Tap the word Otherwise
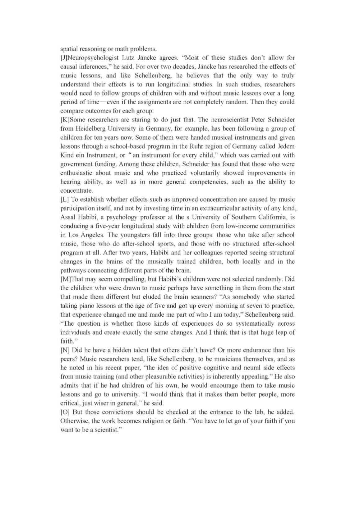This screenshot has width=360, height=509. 72,421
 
